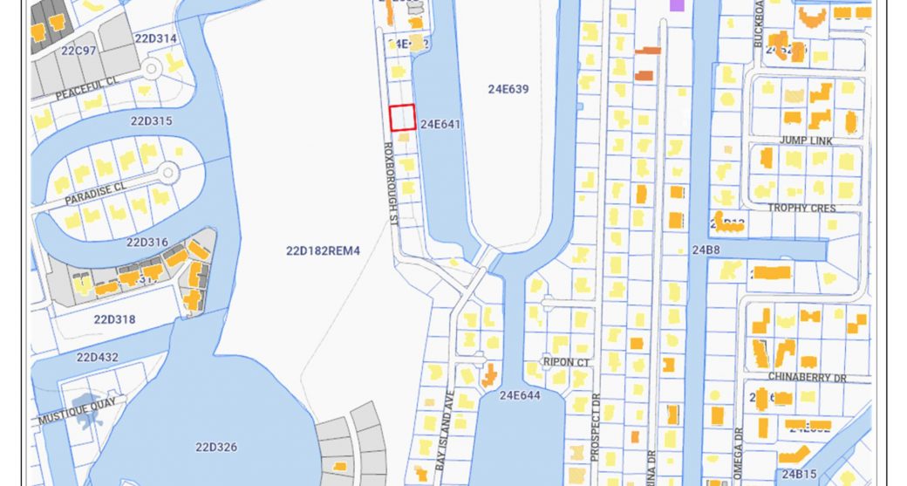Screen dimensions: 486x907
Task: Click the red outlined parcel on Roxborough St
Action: coord(402,118)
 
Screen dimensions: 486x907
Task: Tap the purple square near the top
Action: coord(676,5)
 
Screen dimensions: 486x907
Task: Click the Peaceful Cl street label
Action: coord(86,87)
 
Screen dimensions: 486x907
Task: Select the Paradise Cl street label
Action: coord(95,193)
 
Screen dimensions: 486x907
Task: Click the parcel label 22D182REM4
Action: coord(323,250)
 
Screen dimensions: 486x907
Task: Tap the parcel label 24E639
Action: coord(508,89)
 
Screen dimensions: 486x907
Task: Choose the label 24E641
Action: coord(440,124)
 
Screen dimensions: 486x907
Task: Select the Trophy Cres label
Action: coord(801,208)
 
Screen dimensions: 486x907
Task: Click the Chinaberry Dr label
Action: coord(807,377)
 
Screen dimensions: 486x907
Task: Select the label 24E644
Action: coord(521,395)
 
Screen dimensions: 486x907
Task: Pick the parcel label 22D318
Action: coord(114,319)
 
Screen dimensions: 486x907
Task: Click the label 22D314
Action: coord(155,39)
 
